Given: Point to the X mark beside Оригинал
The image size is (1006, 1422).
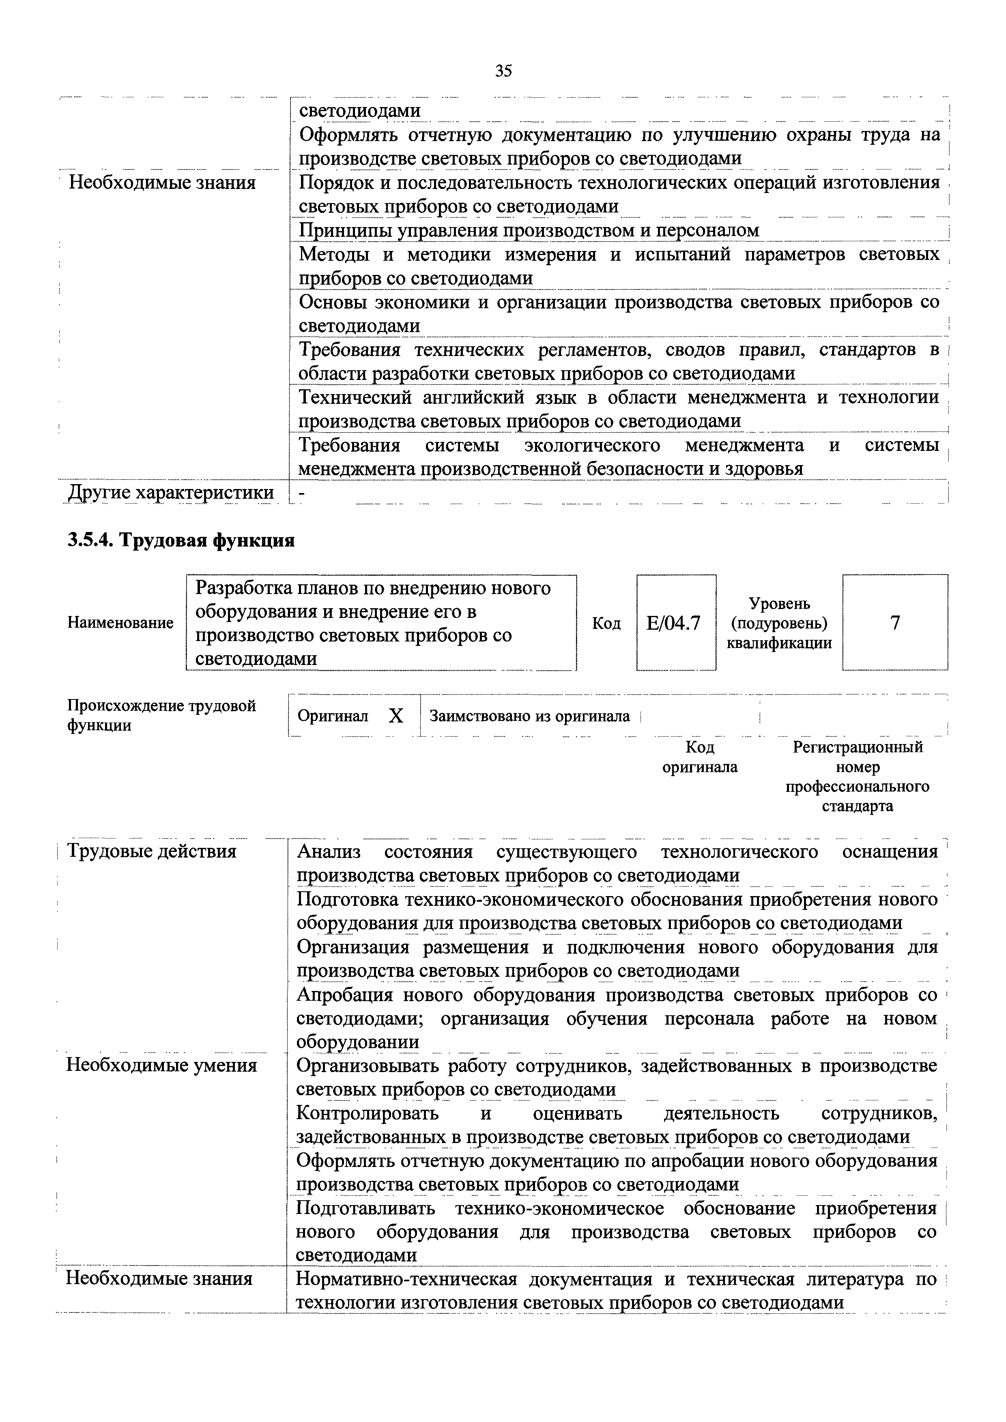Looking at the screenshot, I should [x=396, y=716].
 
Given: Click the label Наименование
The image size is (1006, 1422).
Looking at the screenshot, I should [x=120, y=622].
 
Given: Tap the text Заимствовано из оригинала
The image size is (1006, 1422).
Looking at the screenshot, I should [x=530, y=716].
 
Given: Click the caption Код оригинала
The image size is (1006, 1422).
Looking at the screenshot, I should [x=700, y=757].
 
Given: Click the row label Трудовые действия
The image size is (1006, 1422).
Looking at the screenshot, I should [x=152, y=851].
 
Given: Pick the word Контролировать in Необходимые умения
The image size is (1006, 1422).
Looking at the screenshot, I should [x=368, y=1113].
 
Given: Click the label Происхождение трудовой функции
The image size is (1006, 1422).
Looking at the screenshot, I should [x=161, y=715].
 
